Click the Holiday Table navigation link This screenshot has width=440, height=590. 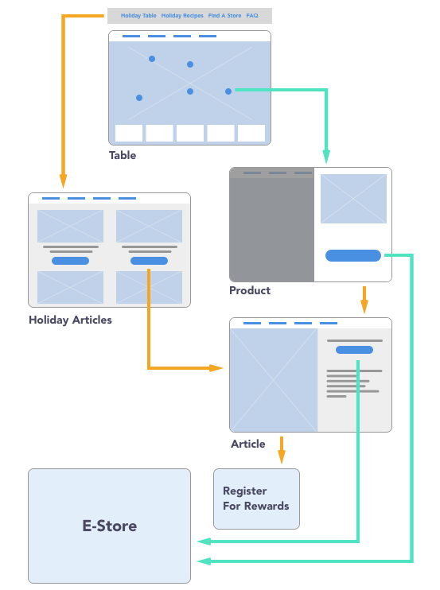click(x=138, y=15)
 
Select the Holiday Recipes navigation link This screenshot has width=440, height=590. click(x=182, y=15)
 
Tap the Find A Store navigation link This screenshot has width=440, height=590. click(x=224, y=15)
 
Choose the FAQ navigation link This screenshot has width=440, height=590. click(x=252, y=15)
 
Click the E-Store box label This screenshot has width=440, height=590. click(x=110, y=526)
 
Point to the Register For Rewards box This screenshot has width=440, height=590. click(x=256, y=499)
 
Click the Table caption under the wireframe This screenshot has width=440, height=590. click(x=123, y=155)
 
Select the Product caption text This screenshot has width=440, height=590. click(x=250, y=290)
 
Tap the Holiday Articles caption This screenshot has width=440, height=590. click(x=70, y=320)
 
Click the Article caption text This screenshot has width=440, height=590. click(x=247, y=444)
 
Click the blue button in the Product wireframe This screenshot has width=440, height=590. click(x=353, y=255)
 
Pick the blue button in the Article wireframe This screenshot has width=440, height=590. click(x=354, y=350)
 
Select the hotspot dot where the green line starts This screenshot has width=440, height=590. click(x=228, y=91)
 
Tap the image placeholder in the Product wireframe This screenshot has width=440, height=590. click(x=353, y=199)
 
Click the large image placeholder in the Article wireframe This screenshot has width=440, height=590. click(x=274, y=380)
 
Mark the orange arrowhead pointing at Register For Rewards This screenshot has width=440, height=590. click(x=282, y=456)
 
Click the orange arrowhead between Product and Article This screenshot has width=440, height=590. click(x=364, y=306)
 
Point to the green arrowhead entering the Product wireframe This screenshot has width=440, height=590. click(x=326, y=157)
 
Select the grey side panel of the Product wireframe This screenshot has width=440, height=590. click(x=272, y=225)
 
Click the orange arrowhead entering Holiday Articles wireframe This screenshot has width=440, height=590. click(x=63, y=181)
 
